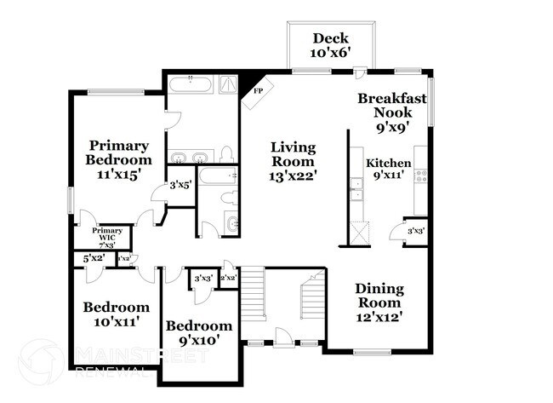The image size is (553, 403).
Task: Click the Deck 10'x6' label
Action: (x=331, y=44)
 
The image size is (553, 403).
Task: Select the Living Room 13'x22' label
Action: (x=292, y=163)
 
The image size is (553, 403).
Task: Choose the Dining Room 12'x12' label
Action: (x=379, y=302)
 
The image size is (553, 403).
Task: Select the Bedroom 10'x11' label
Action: (x=116, y=314)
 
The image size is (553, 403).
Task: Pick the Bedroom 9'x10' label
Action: (x=198, y=333)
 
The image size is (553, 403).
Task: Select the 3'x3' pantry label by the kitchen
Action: (x=416, y=231)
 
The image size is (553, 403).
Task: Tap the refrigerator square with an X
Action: (x=361, y=233)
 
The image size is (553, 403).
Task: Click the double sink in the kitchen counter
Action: (x=357, y=189)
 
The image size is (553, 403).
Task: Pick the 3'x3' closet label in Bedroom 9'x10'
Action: (x=202, y=279)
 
